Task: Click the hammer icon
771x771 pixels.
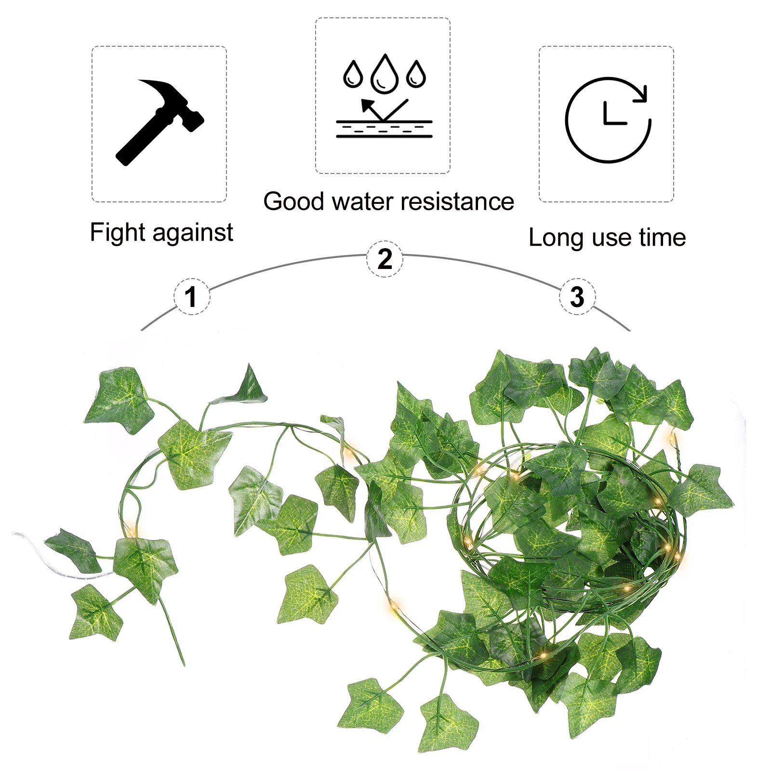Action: point(160,122)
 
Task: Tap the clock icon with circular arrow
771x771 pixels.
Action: point(608,120)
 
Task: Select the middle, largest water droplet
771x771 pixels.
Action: point(384,74)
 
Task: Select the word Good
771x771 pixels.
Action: point(293,201)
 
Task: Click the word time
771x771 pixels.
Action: point(662,238)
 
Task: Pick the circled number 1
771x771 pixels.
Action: point(191,296)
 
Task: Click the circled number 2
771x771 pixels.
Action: point(385,259)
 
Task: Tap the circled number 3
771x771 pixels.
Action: point(577,296)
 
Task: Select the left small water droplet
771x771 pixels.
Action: point(353,74)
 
